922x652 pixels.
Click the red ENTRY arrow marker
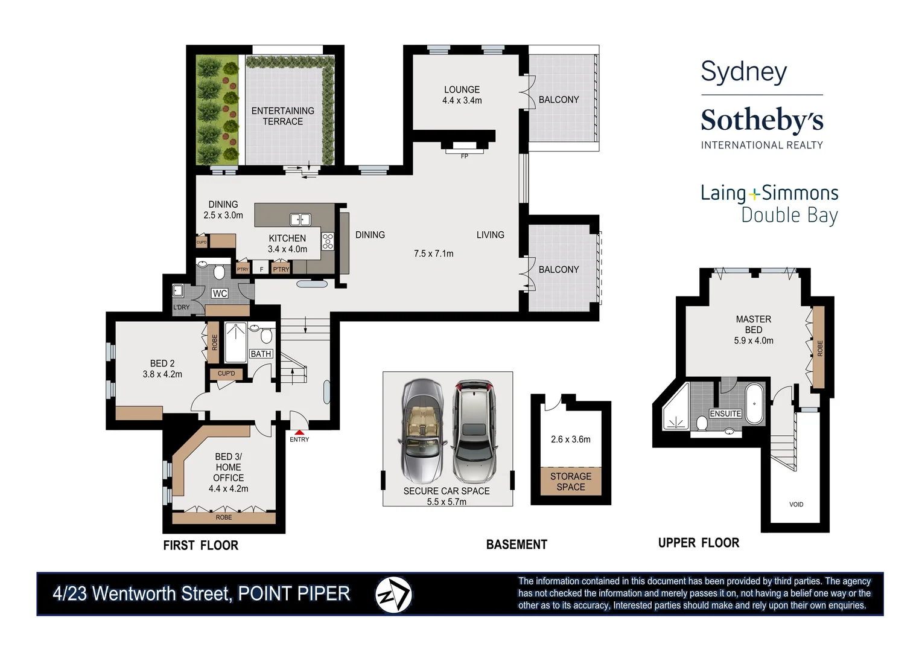pos(299,432)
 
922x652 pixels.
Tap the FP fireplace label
pos(465,156)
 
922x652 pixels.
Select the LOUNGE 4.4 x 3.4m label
pos(462,95)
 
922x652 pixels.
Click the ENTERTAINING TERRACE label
pos(282,116)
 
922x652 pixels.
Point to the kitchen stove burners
pos(328,241)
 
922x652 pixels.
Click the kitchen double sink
pos(300,220)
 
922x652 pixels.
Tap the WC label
pos(220,293)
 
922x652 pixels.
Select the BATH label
pos(261,354)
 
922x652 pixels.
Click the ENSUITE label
pos(725,414)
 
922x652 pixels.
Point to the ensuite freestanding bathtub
pos(754,403)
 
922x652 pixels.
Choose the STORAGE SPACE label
pos(571,482)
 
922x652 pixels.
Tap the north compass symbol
pos(393,595)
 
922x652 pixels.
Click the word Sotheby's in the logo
pos(761,120)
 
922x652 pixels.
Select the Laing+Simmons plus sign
pos(754,194)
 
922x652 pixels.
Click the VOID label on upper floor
pos(796,504)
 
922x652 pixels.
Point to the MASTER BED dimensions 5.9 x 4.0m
pos(753,340)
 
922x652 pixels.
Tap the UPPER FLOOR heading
pos(698,543)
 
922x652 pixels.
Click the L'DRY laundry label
pos(181,307)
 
